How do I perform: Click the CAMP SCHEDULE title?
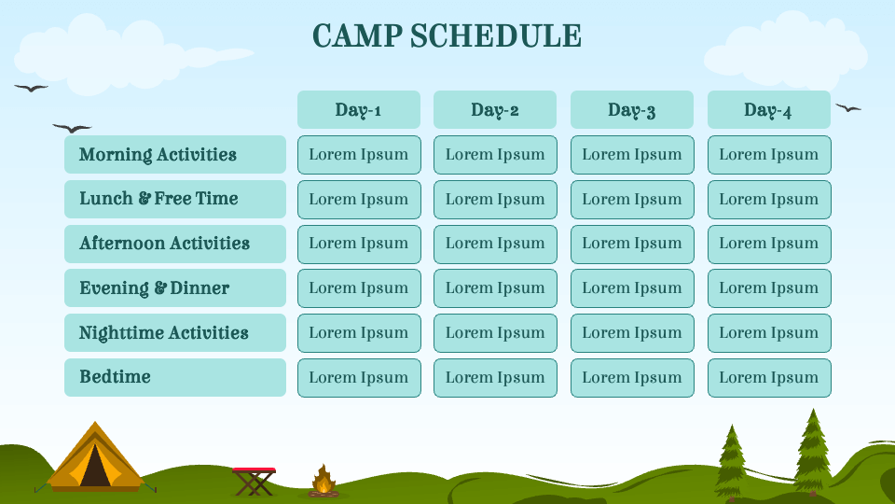[447, 36]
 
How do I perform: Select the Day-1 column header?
[358, 110]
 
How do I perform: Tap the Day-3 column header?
[631, 110]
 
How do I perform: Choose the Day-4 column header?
[768, 110]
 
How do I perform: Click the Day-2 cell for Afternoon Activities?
[495, 244]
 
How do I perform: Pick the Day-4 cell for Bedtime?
[768, 378]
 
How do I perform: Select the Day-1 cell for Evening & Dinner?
[358, 288]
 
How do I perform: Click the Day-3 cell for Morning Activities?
[631, 155]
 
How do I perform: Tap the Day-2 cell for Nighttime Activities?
[495, 333]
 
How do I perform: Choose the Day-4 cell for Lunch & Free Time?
[768, 200]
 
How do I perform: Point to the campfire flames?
[324, 481]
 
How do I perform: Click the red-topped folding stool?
[254, 480]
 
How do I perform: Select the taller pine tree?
[812, 450]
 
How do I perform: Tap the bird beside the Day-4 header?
[847, 108]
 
